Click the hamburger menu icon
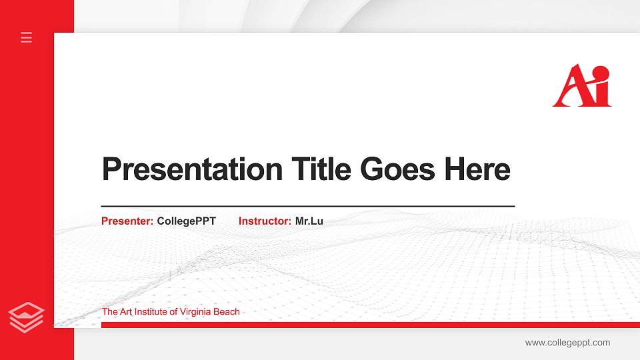coord(27,37)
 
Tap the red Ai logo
coord(581,86)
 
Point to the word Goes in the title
coord(398,169)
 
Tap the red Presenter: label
coord(127,221)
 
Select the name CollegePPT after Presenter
coord(187,221)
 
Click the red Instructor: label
coord(265,221)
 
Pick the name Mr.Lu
coord(309,221)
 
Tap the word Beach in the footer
coord(228,312)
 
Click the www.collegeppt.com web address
coord(567,343)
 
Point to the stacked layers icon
coord(27,317)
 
